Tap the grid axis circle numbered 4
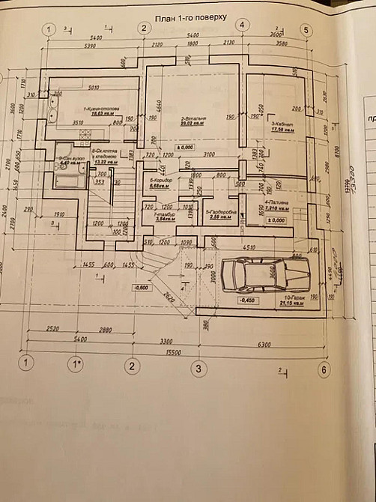(x=243, y=25)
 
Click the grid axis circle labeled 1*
(x=75, y=366)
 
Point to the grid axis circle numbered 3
(x=198, y=368)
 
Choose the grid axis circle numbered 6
(x=324, y=369)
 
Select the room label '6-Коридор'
(x=161, y=181)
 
